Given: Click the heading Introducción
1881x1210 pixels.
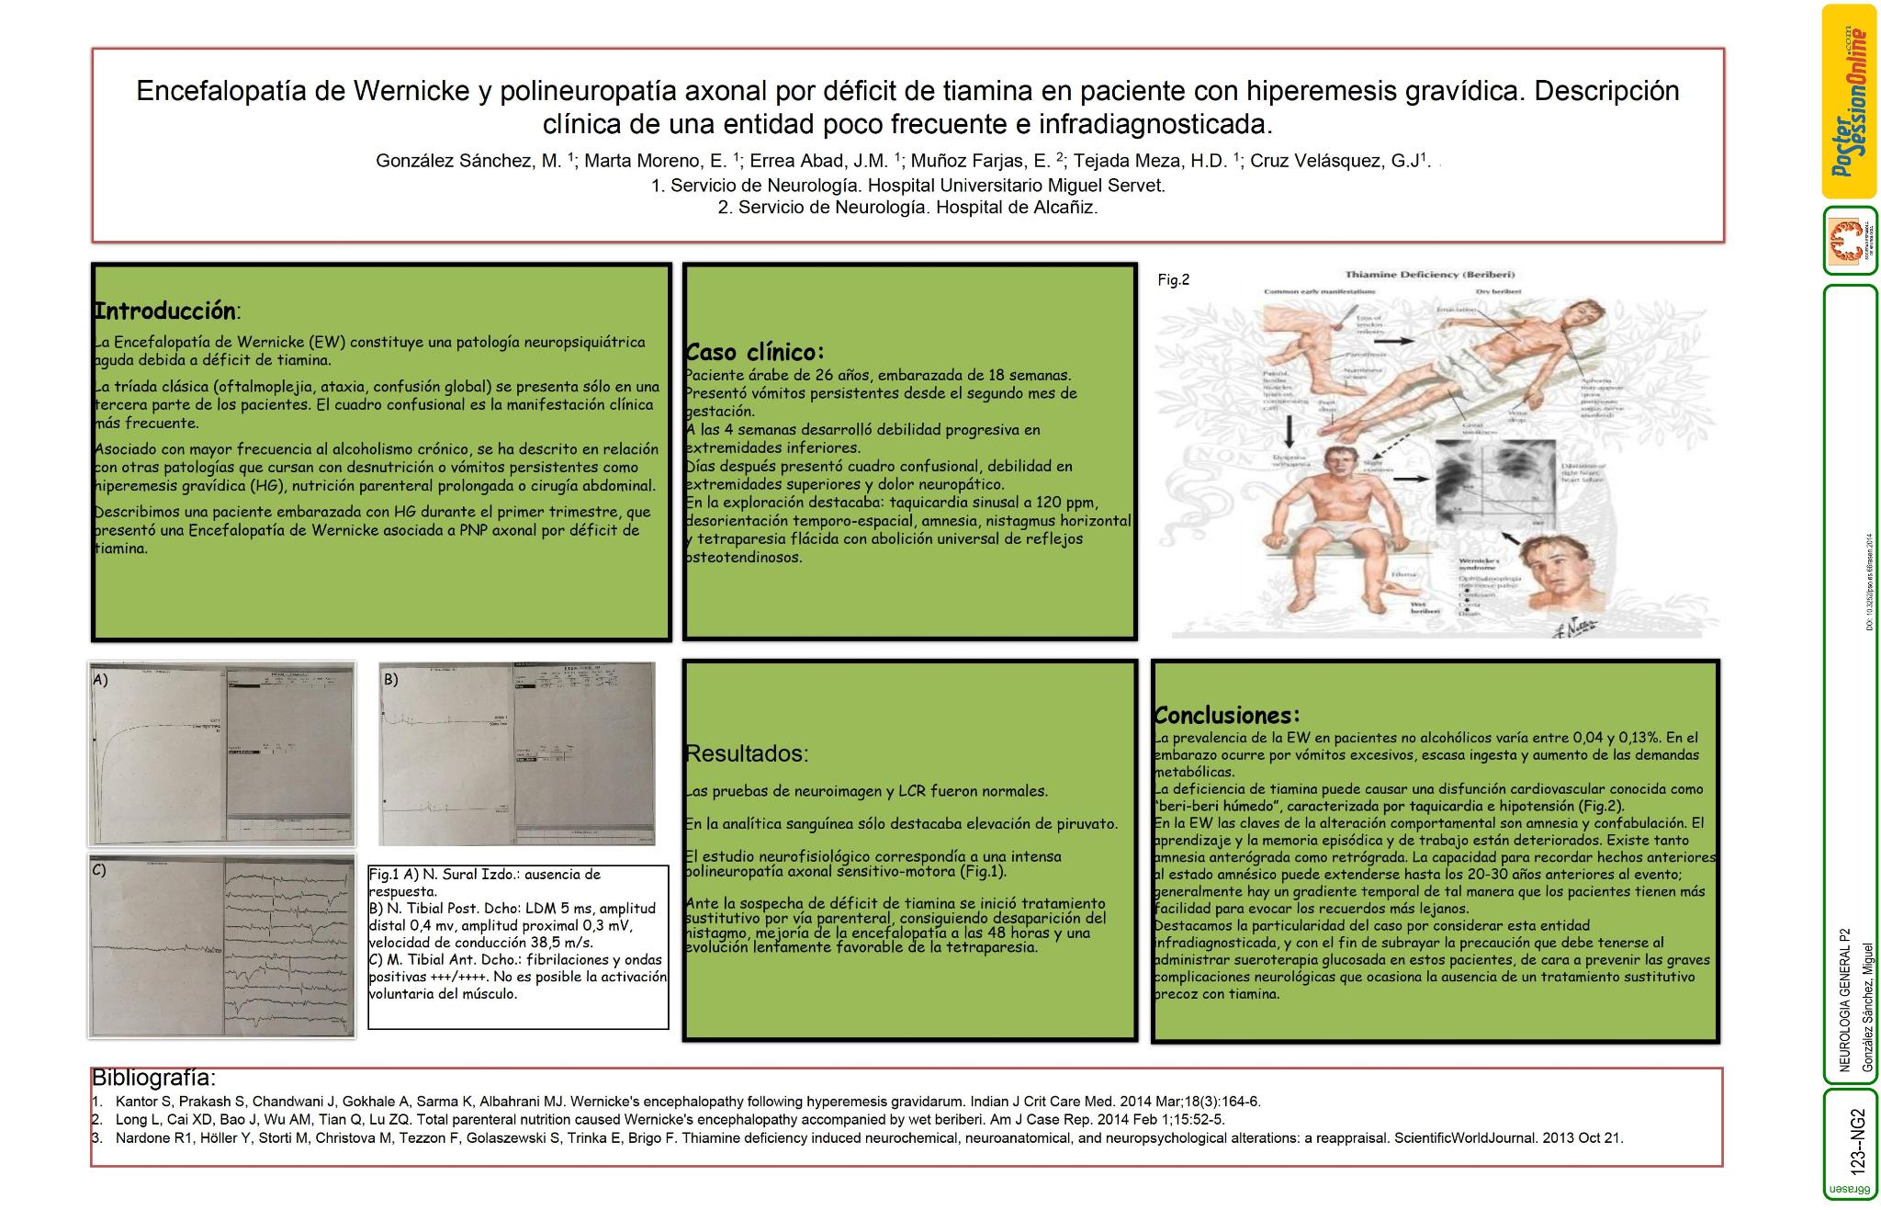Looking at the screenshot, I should tap(166, 311).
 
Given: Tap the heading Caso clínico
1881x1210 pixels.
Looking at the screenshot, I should tap(755, 352).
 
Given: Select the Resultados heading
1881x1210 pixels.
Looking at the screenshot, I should tap(747, 753).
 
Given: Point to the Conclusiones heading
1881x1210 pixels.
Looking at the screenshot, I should tap(1227, 715).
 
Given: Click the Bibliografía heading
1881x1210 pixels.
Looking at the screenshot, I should tap(153, 1078).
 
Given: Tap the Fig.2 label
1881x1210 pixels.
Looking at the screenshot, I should tap(1173, 280).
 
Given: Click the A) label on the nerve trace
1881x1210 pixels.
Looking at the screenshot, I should tap(100, 680).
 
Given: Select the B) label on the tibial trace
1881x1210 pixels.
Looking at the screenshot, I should tap(390, 680).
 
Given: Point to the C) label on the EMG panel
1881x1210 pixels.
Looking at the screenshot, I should tap(99, 870).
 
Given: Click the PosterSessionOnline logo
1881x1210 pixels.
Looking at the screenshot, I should tap(1849, 101).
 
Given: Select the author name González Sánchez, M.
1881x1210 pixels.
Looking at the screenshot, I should tap(468, 161).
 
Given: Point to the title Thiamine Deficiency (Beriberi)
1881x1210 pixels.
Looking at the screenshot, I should tap(1429, 274).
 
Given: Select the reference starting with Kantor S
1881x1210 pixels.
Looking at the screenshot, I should tap(687, 1102).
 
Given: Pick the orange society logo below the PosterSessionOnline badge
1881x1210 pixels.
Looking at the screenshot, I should tap(1849, 241).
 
